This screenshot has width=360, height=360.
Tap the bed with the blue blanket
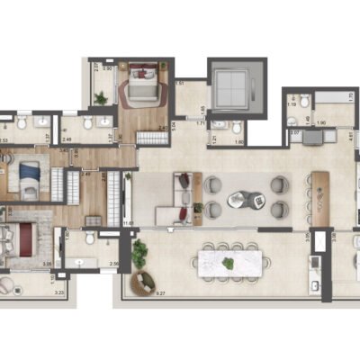(x=29, y=175)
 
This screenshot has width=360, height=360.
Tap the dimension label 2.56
(x=114, y=264)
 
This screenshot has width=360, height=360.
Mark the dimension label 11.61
(x=129, y=222)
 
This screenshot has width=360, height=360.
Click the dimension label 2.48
(x=67, y=139)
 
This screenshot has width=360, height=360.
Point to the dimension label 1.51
(x=180, y=83)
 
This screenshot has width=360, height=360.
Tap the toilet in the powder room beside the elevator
(x=216, y=128)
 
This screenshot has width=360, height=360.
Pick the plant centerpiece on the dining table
(x=229, y=264)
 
